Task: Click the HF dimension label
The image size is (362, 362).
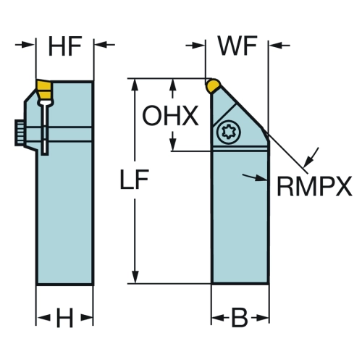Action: click(65, 46)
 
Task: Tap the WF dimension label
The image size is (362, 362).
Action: click(237, 46)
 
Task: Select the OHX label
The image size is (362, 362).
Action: click(170, 116)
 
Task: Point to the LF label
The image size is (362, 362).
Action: click(134, 179)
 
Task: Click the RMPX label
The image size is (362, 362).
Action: click(314, 186)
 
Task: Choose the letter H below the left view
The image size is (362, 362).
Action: click(64, 318)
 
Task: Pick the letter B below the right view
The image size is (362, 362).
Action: click(240, 318)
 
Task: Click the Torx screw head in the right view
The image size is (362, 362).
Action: click(228, 132)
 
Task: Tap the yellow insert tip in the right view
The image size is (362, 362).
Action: click(213, 85)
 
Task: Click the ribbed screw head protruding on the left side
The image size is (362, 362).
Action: click(20, 132)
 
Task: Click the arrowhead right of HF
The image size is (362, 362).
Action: click(101, 44)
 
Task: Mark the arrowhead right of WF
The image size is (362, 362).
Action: click(276, 45)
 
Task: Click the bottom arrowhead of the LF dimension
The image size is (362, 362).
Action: click(135, 277)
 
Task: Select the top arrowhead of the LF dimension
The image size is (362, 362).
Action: click(135, 85)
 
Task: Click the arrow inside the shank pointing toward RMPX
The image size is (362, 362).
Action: click(255, 177)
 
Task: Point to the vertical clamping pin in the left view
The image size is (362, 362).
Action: click(45, 127)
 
